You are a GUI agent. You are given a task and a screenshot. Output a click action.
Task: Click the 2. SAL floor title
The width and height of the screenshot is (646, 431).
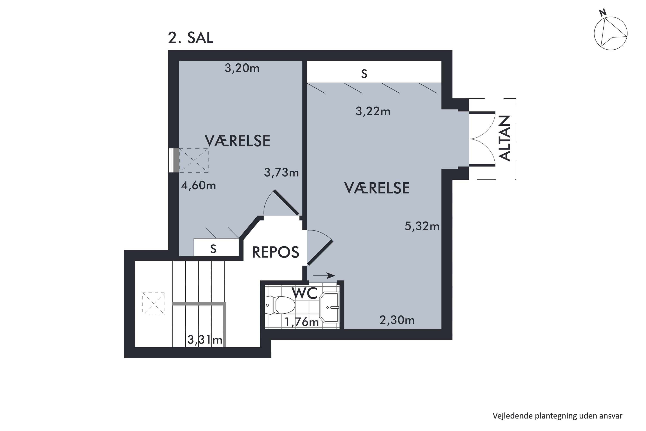click(191, 38)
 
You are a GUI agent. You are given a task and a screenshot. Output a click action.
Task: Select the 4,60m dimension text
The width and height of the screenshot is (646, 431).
click(198, 186)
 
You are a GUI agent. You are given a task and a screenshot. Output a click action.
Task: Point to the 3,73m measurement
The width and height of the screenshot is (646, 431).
click(281, 173)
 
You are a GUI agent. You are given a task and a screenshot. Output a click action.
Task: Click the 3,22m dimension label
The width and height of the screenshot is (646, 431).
click(373, 111)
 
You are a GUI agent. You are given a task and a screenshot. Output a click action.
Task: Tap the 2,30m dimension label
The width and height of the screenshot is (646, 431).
click(397, 320)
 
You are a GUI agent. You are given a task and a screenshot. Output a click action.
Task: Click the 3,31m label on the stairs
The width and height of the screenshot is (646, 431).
click(205, 340)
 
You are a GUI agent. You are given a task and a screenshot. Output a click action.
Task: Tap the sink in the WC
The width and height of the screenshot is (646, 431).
click(330, 307)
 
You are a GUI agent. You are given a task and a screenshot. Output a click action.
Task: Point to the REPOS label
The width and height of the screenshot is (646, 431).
click(275, 252)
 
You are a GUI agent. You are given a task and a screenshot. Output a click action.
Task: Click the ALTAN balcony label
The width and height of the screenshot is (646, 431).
click(505, 138)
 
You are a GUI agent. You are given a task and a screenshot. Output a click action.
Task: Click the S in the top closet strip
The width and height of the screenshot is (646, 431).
click(364, 74)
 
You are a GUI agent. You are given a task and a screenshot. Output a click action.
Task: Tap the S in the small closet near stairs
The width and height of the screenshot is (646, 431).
click(213, 249)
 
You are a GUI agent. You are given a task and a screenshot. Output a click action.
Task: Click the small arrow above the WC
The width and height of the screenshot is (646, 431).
click(324, 275)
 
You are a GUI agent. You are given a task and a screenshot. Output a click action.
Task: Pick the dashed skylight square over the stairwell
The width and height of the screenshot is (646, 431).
click(154, 304)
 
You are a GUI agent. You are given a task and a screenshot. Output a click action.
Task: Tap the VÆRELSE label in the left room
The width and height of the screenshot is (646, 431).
click(237, 141)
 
